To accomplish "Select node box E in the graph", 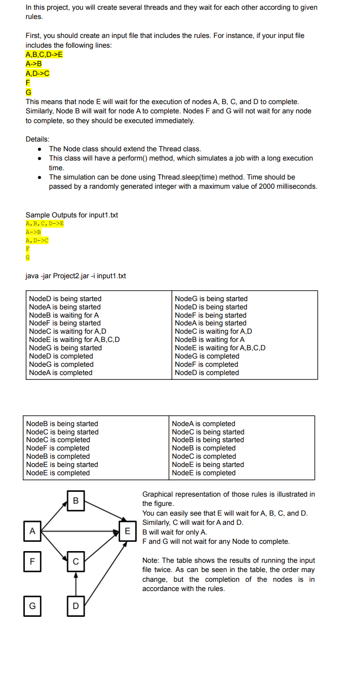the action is pos(127,531).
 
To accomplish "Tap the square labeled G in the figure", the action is pos(32,606).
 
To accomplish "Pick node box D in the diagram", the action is pos(75,606).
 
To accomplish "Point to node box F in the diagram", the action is pos(32,561).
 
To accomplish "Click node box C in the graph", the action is pos(75,561).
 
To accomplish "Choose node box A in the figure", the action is pos(32,531).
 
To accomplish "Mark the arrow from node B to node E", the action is pos(102,515).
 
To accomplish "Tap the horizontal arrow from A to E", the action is pos(80,531).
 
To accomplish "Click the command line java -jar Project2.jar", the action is pos(75,276).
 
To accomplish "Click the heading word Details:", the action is pos(37,139).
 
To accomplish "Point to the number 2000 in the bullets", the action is pos(244,187).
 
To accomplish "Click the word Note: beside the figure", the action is pos(151,560).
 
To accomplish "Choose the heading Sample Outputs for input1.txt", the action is pos(72,215).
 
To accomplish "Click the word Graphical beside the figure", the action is pos(158,494).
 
